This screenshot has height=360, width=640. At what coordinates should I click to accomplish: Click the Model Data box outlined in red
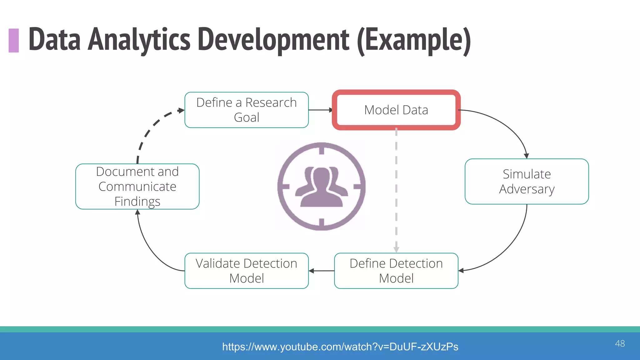click(x=396, y=110)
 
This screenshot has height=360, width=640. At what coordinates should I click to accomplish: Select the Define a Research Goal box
click(x=246, y=110)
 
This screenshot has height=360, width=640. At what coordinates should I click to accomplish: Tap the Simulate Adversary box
click(x=527, y=182)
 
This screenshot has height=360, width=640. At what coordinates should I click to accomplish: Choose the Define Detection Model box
click(x=396, y=271)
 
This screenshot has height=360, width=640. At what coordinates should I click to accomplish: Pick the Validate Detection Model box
click(x=246, y=271)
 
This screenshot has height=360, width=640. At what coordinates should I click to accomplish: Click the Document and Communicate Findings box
click(x=137, y=187)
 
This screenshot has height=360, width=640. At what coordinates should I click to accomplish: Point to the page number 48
click(x=620, y=343)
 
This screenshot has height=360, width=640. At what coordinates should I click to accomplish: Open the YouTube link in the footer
click(x=340, y=347)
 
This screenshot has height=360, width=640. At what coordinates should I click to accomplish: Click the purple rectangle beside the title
click(x=14, y=40)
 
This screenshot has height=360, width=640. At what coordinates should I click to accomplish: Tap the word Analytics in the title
click(x=139, y=40)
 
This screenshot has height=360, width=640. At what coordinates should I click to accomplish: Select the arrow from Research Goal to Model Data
click(x=320, y=110)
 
